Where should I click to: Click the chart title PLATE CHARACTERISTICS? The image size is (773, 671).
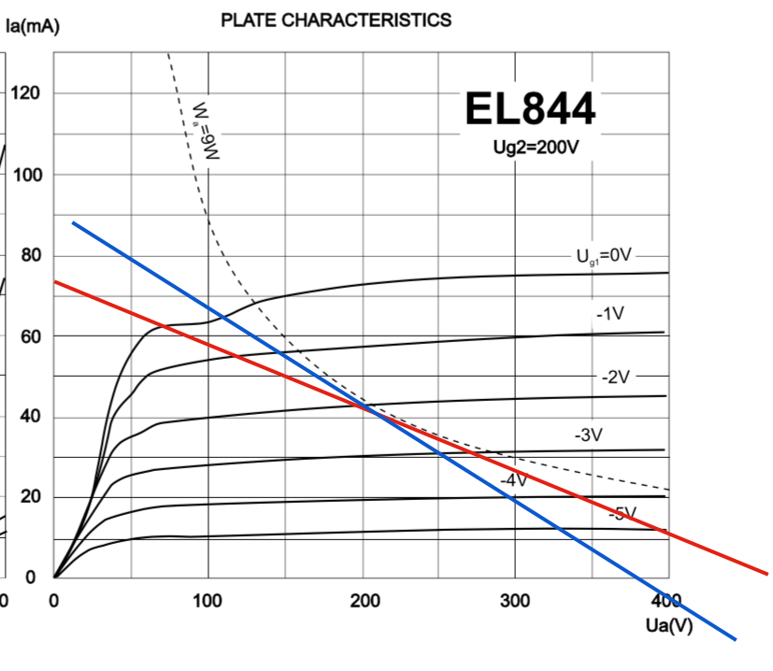[336, 20]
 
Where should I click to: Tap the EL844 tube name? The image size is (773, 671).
[529, 110]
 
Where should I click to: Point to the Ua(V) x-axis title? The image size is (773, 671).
[668, 625]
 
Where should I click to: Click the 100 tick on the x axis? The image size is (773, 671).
[208, 600]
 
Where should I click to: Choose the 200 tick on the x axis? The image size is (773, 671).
[362, 600]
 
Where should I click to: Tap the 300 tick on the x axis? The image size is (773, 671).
[516, 600]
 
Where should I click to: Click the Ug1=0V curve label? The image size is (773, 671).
[604, 254]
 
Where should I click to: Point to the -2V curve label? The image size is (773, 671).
[616, 378]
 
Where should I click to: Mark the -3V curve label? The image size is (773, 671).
[589, 435]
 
